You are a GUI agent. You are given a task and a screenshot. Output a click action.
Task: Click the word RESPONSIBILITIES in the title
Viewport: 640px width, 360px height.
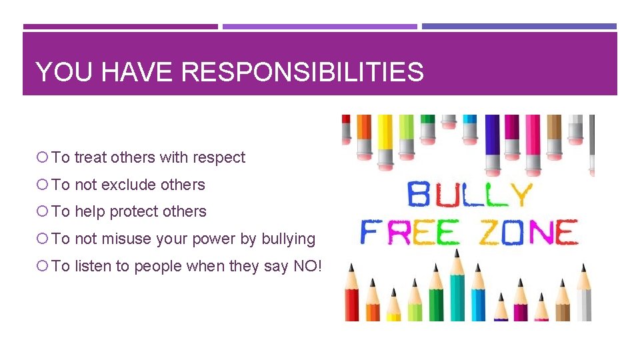coord(302,72)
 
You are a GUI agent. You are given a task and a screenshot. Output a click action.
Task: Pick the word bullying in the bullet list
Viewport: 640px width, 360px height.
coord(288,239)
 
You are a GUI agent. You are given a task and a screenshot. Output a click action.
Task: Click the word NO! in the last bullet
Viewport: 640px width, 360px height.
coord(307,266)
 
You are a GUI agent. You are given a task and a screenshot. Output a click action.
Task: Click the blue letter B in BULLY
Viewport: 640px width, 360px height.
coord(419,195)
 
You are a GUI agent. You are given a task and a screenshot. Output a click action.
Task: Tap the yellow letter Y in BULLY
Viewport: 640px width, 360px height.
coord(519,195)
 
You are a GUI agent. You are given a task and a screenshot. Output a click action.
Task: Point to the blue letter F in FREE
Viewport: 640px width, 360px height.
coord(369,233)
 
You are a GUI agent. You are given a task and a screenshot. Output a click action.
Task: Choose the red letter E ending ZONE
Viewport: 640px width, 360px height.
coord(565,233)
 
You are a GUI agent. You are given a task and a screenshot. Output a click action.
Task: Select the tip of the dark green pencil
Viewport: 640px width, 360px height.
coord(436,268)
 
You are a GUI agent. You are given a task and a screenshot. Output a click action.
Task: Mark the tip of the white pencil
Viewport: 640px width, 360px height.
coord(584,269)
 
